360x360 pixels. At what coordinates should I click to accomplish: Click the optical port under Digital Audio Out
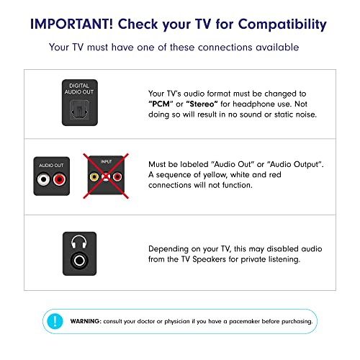pos(80,109)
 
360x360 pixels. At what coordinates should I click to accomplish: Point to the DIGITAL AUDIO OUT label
pos(80,89)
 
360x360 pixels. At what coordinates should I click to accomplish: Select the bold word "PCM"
pos(160,104)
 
